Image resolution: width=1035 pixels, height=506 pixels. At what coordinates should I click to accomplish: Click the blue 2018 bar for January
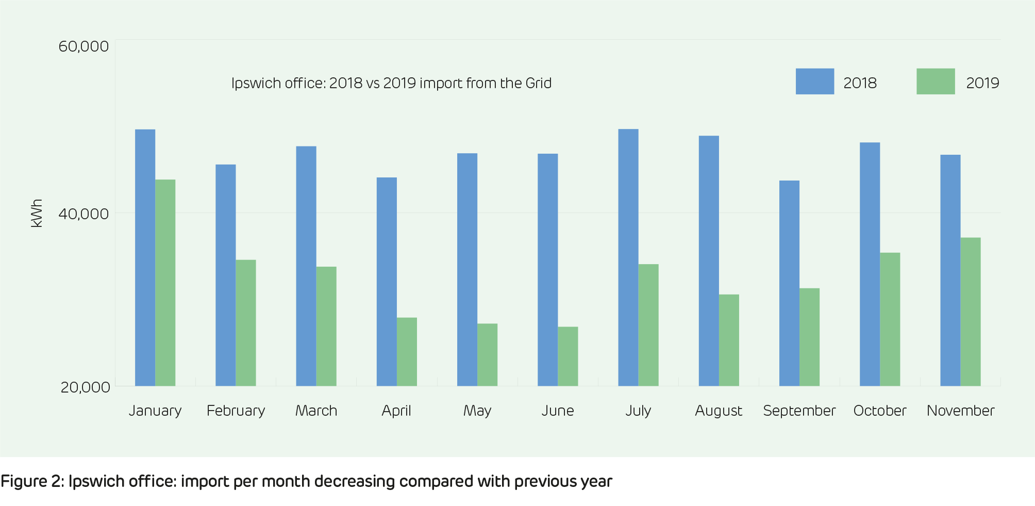145,257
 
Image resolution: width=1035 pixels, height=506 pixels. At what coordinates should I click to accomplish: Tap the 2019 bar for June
567,356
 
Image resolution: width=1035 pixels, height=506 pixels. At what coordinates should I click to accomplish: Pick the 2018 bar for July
628,257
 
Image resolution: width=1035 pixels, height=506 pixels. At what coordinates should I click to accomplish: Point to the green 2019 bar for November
970,312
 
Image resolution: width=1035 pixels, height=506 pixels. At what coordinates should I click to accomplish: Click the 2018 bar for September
789,283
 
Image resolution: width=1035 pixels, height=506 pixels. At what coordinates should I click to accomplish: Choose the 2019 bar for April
407,352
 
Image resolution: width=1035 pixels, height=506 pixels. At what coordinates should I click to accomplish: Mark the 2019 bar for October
890,319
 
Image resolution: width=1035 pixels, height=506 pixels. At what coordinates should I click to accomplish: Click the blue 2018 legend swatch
814,81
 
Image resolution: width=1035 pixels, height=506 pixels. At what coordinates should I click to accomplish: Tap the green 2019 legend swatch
935,81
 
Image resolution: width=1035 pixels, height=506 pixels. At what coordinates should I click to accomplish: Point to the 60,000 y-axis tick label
84,46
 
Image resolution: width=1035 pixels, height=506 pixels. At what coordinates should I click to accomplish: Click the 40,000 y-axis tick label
84,214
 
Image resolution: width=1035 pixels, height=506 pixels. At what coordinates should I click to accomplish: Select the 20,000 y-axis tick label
85,387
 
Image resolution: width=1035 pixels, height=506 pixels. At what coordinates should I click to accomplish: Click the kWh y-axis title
37,213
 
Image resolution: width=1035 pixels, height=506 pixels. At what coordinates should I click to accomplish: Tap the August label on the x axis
718,411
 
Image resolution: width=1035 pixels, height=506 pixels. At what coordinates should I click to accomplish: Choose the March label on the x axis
316,411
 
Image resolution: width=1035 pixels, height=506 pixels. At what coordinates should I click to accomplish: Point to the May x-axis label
477,411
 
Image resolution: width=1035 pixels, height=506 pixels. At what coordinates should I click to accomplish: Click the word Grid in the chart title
538,83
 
